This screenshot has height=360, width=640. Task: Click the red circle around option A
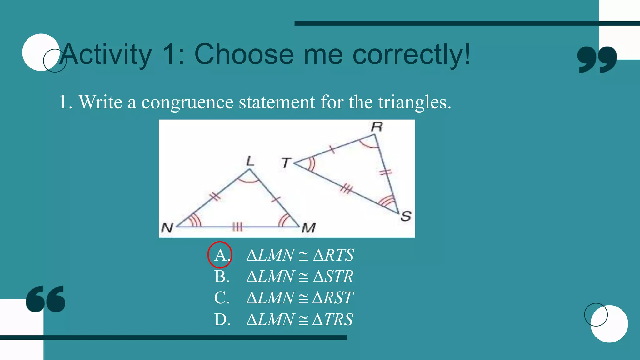[x=220, y=255]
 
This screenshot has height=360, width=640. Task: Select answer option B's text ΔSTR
[x=333, y=277]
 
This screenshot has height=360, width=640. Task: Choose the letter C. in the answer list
[x=222, y=298]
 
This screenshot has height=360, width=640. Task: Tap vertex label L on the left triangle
[x=250, y=161]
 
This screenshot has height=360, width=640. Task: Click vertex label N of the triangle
[x=167, y=228]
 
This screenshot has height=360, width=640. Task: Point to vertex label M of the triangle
[x=308, y=228]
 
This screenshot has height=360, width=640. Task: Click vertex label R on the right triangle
[x=377, y=127]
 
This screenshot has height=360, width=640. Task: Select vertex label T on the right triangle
[x=286, y=162]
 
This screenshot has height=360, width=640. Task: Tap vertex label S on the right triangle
[x=406, y=216]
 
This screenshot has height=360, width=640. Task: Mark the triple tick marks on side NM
[x=237, y=227]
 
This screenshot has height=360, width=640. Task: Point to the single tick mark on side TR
[x=332, y=149]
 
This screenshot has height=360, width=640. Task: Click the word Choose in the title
[x=244, y=54]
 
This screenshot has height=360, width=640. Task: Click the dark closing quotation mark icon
[x=597, y=59]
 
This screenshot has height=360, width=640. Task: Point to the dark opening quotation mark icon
[x=46, y=299]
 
